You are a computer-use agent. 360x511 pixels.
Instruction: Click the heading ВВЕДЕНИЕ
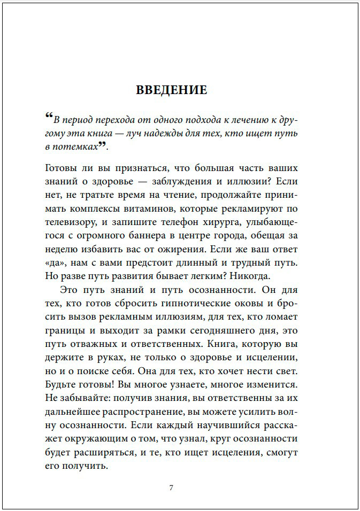point(171,89)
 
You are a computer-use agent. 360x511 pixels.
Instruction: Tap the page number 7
point(171,487)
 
